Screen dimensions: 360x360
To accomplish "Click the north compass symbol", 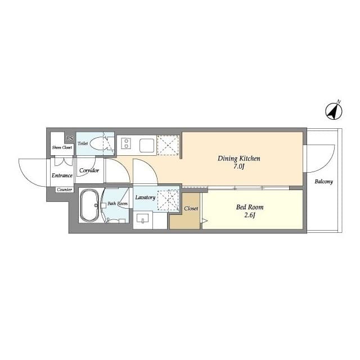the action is point(334,111).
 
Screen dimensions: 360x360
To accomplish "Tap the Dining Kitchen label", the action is point(238,159).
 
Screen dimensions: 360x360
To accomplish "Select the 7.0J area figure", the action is point(238,166).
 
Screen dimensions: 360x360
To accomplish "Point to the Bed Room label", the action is point(250,207).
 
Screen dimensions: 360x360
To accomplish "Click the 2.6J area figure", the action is point(250,215).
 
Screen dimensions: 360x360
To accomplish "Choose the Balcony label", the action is point(324,182).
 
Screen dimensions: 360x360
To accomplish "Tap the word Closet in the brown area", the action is point(191,209).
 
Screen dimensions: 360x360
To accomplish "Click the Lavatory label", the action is point(145,197).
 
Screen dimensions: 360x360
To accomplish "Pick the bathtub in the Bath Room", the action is point(89,205).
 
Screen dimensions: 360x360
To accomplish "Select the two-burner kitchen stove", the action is point(126,143).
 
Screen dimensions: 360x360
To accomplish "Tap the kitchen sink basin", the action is point(147,145).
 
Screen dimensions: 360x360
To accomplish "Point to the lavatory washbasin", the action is point(142,218).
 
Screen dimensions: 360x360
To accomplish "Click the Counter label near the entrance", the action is point(65,190).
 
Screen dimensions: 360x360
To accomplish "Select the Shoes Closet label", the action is point(62,147).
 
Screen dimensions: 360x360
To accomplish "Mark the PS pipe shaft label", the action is point(69,138).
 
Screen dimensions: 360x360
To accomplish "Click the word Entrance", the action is point(62,175).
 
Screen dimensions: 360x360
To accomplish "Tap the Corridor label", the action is point(89,170).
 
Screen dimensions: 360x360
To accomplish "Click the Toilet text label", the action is point(83,143).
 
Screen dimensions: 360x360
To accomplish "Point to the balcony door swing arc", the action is point(327,164).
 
